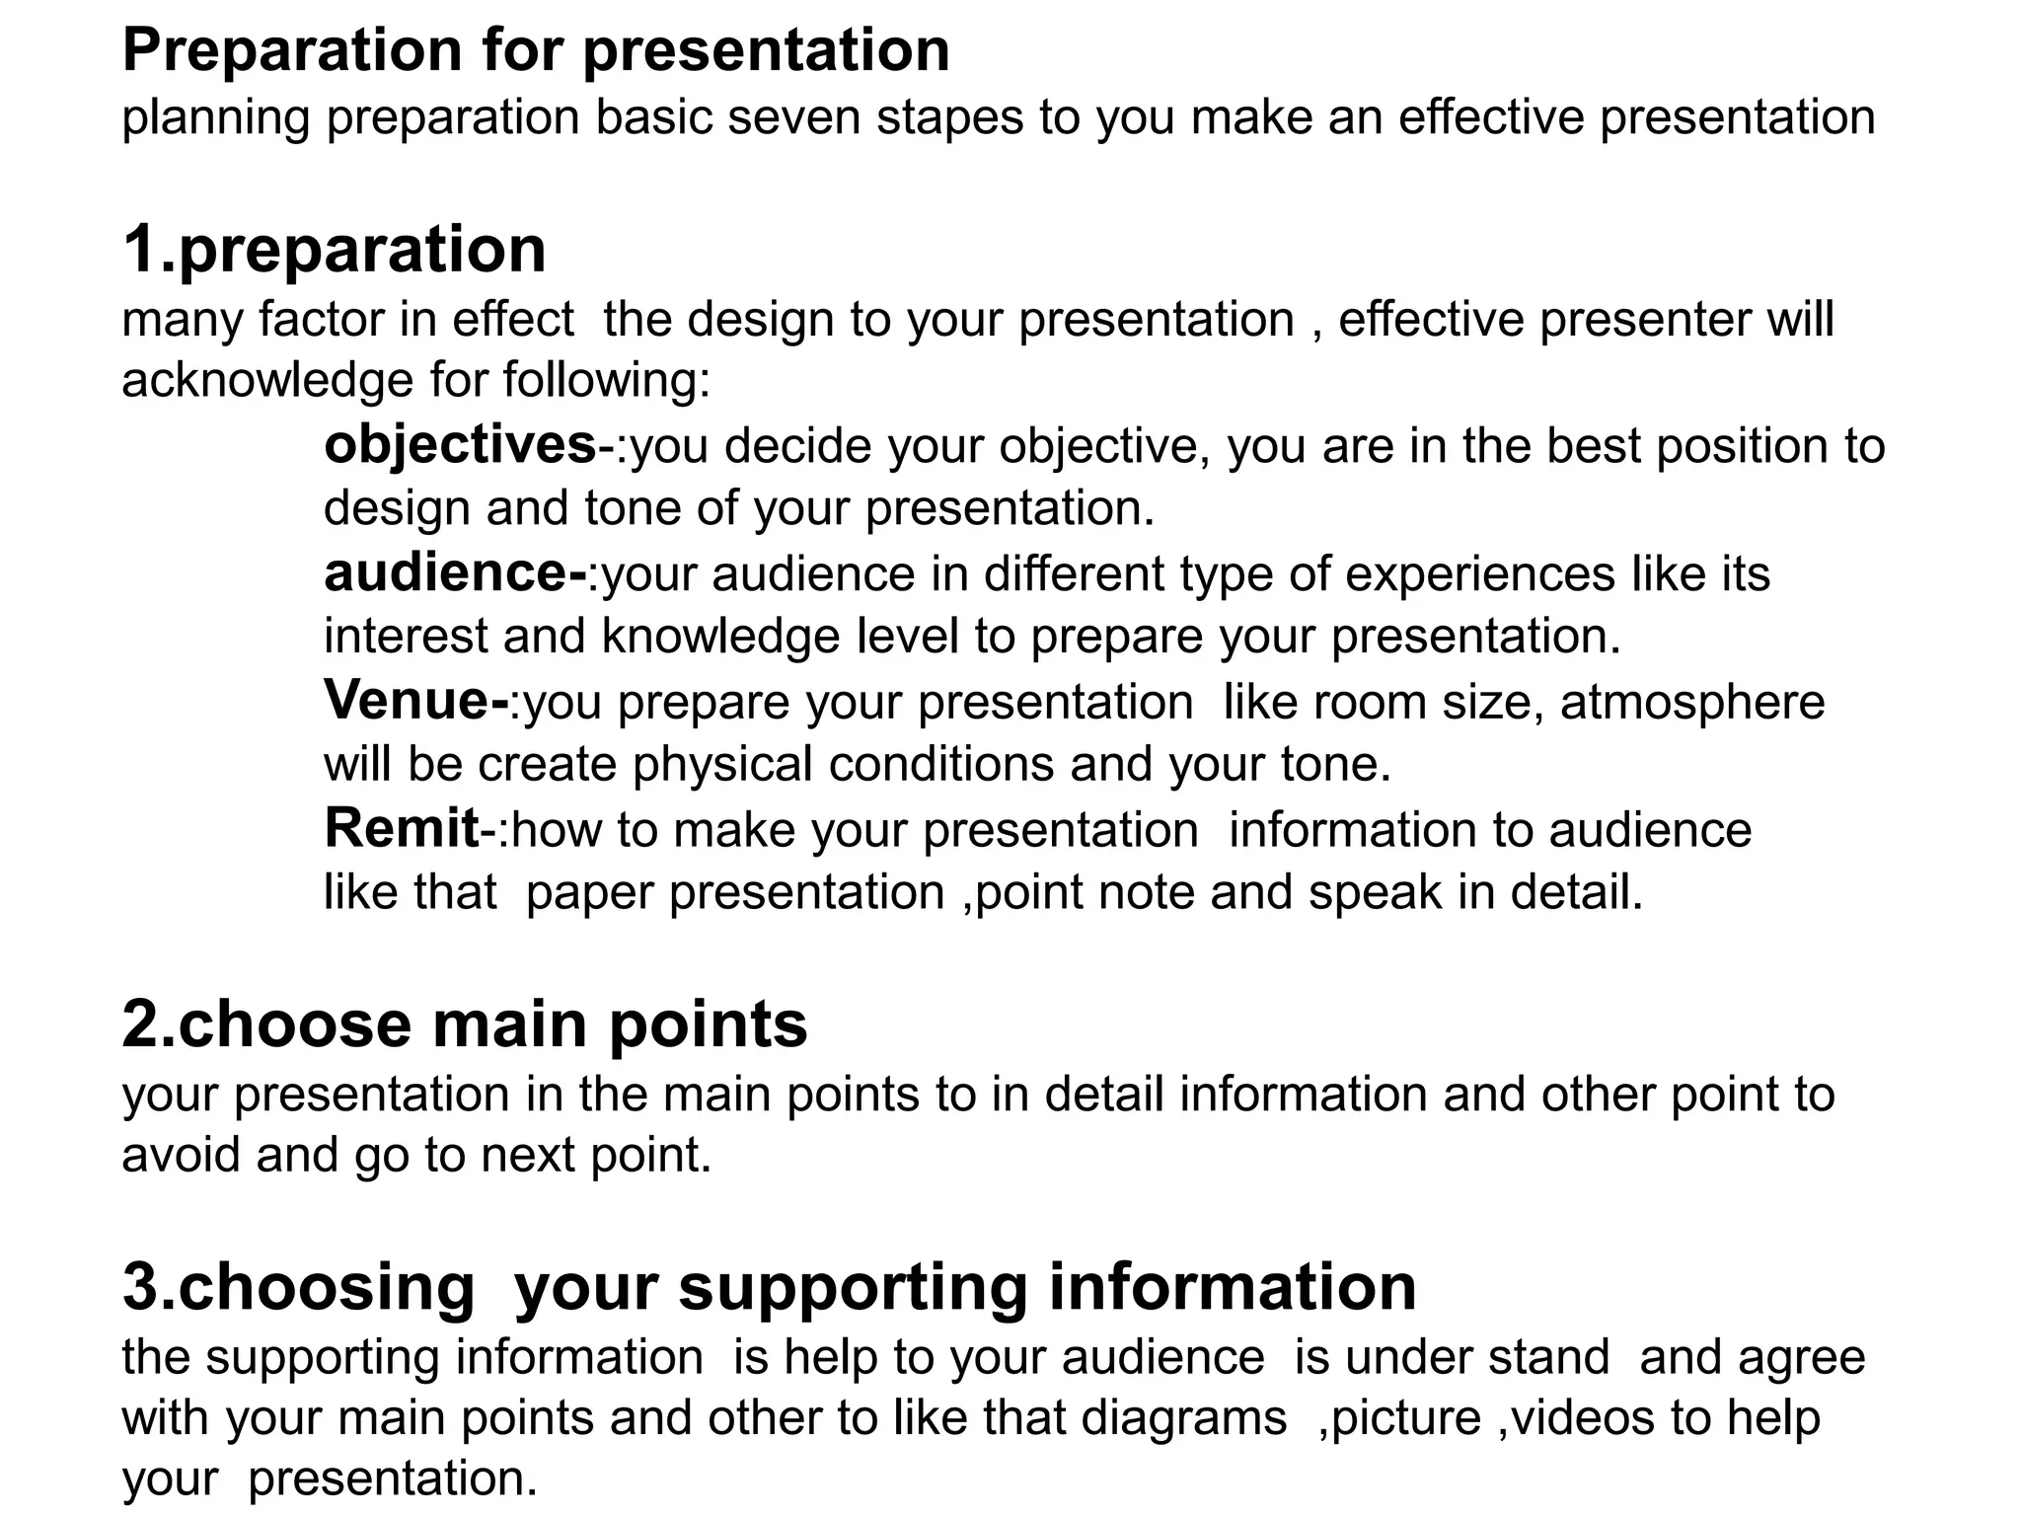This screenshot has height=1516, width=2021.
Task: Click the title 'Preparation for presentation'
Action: [535, 51]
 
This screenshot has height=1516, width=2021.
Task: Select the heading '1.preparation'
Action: [334, 250]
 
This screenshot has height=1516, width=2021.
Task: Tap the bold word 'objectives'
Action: [460, 446]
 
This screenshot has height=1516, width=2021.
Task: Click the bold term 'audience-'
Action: [455, 573]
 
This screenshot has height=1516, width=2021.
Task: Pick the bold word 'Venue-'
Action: [415, 701]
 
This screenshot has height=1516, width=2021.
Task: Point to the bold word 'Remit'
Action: [401, 828]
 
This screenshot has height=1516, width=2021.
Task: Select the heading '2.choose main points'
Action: [464, 1024]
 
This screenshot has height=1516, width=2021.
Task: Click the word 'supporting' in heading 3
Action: [853, 1288]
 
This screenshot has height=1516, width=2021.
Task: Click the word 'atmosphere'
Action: [1691, 702]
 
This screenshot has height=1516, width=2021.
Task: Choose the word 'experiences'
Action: [1479, 573]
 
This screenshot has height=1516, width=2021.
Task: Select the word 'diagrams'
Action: [1183, 1418]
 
